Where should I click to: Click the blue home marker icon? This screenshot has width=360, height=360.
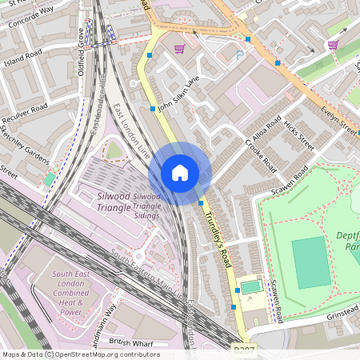pyautogui.click(x=180, y=173)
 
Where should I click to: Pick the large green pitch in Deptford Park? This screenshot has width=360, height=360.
pyautogui.click(x=310, y=262)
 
